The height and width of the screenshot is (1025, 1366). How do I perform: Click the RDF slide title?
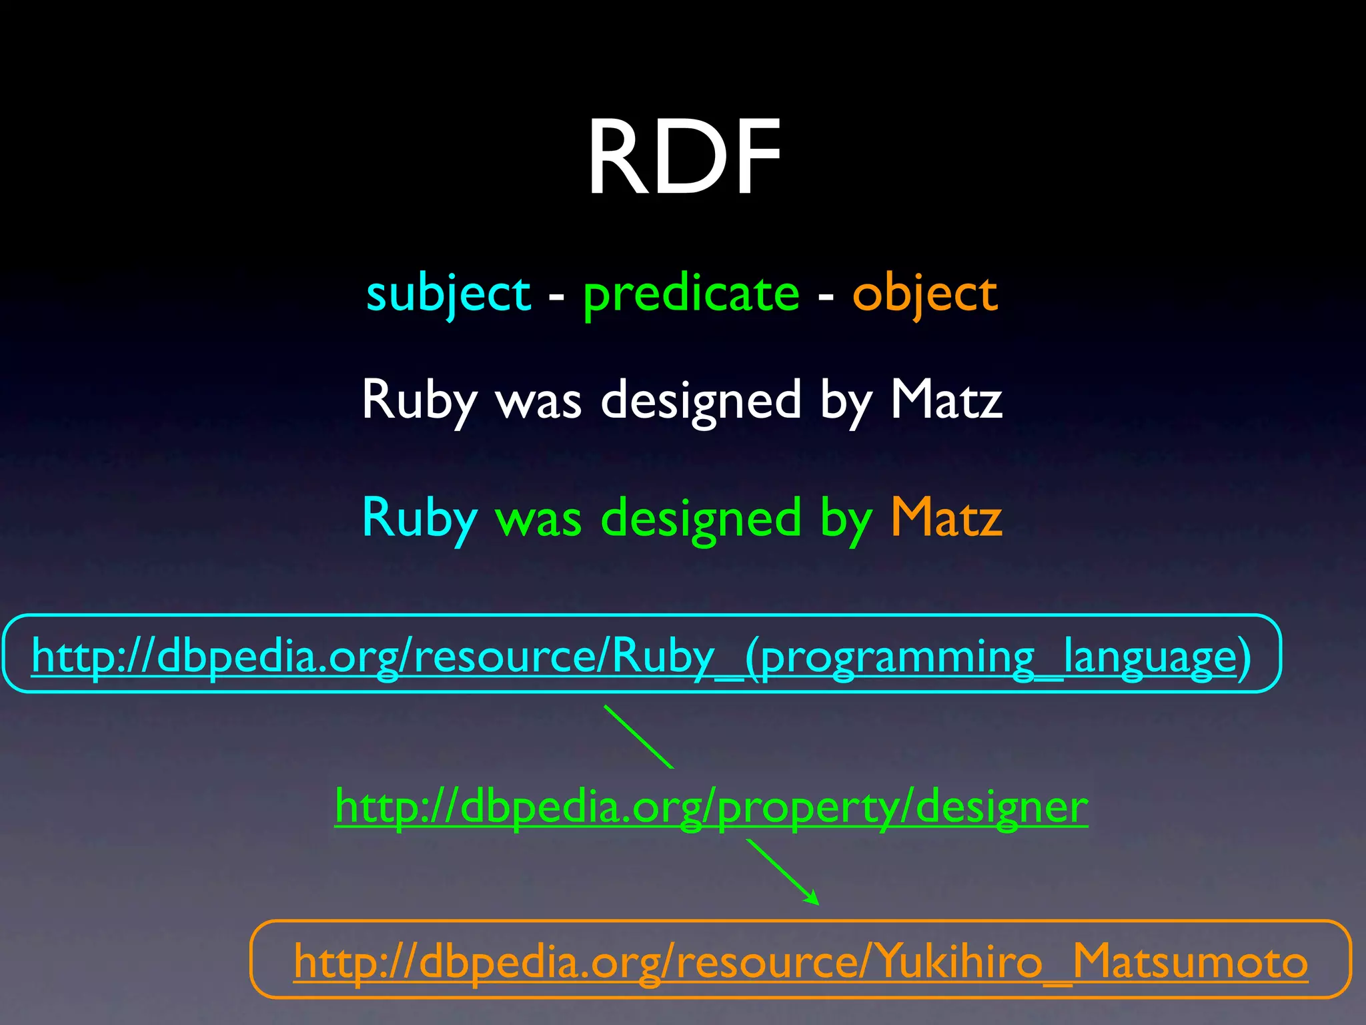[x=684, y=158]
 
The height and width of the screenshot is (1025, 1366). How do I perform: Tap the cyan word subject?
[x=448, y=294]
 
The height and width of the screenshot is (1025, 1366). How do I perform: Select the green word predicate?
[x=691, y=294]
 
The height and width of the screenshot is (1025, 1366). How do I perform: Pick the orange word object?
[x=924, y=294]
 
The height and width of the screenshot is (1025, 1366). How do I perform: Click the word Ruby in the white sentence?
[x=420, y=400]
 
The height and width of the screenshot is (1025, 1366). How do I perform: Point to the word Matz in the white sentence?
[x=946, y=400]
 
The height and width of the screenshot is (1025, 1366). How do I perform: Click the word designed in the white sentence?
[x=701, y=400]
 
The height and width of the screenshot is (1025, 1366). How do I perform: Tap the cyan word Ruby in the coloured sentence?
[x=420, y=519]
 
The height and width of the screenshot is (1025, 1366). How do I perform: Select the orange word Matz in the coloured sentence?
[x=946, y=519]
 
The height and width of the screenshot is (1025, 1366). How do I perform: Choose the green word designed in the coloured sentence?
[x=701, y=519]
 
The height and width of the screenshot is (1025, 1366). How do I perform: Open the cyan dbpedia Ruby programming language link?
[x=641, y=656]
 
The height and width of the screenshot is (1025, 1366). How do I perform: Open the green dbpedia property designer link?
[x=711, y=807]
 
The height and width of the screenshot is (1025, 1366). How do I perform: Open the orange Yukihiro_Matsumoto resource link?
[x=800, y=962]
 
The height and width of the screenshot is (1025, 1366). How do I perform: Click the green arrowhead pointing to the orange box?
[x=812, y=898]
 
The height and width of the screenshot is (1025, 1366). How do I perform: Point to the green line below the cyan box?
[x=638, y=737]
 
